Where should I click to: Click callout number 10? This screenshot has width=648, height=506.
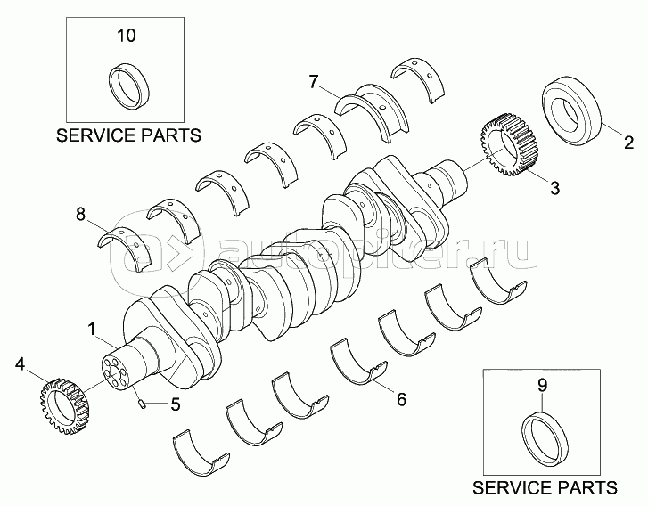point(127,36)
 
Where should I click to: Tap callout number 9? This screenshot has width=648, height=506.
point(542,385)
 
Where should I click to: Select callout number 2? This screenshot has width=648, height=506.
point(627,142)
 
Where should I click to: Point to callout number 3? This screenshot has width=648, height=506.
point(554,187)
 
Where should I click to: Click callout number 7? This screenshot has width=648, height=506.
point(314,82)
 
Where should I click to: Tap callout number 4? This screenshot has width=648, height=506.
point(21,363)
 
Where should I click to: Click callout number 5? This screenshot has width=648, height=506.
point(175,404)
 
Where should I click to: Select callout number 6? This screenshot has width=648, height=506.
point(401,399)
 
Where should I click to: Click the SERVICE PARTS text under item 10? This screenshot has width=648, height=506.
point(128,135)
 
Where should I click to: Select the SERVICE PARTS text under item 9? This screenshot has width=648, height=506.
point(544,488)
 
